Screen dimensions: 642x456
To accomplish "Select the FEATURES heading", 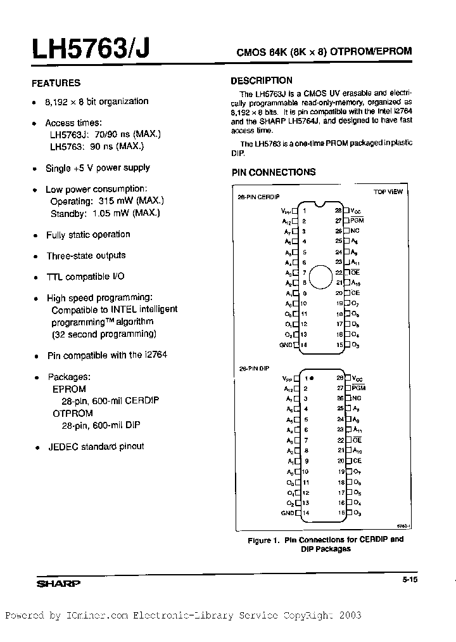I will [x=56, y=83].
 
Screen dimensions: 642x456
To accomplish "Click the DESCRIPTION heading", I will [x=261, y=81].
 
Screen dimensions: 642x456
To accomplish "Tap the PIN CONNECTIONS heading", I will [x=273, y=172].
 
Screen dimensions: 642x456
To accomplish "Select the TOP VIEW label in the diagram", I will [x=388, y=192].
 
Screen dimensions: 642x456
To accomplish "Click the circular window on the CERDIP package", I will [x=321, y=277].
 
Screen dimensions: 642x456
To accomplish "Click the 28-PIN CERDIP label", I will [x=259, y=197].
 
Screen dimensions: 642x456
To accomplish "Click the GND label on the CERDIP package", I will [x=285, y=344].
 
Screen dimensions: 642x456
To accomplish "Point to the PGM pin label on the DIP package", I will [x=358, y=388].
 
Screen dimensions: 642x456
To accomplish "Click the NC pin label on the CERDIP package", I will [x=355, y=231].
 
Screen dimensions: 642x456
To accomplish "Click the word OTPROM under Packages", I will [x=72, y=413].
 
